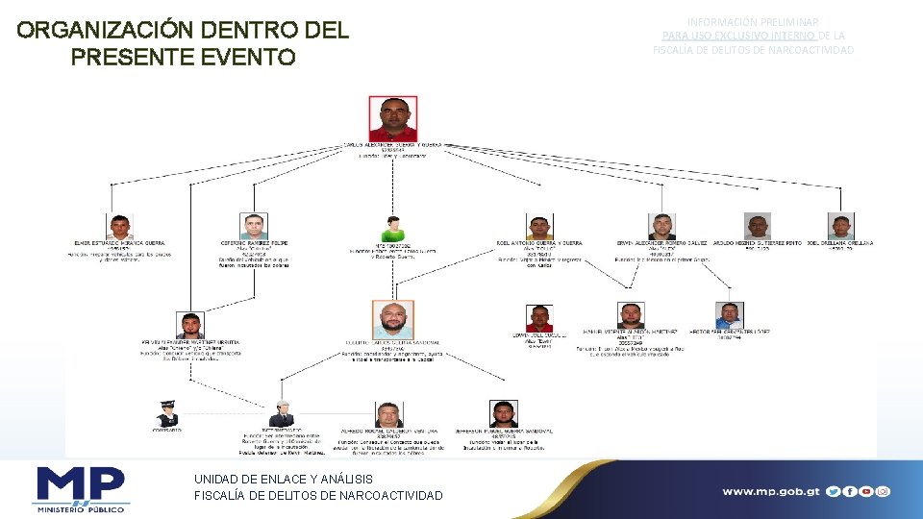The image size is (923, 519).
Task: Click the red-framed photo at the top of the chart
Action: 393,118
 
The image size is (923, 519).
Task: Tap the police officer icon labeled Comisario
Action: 167,414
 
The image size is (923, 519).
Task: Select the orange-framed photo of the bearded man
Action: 393,320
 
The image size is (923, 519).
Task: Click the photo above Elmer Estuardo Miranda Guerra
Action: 119,227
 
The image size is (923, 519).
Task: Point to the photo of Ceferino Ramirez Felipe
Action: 253,227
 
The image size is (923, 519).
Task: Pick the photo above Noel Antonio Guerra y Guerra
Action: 539,228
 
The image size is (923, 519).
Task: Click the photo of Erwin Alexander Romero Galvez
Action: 661,227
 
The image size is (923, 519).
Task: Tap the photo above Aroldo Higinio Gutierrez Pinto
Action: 759,227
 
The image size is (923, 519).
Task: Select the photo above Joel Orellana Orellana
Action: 841,227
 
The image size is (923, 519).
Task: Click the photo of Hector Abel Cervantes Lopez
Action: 729,314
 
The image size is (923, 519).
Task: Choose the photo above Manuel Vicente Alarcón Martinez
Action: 631,315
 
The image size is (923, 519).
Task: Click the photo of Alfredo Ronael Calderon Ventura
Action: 389,414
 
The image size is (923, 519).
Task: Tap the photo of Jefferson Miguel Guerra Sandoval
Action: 503,413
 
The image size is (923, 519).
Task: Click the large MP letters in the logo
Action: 82,483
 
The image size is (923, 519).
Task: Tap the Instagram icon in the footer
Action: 883,491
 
